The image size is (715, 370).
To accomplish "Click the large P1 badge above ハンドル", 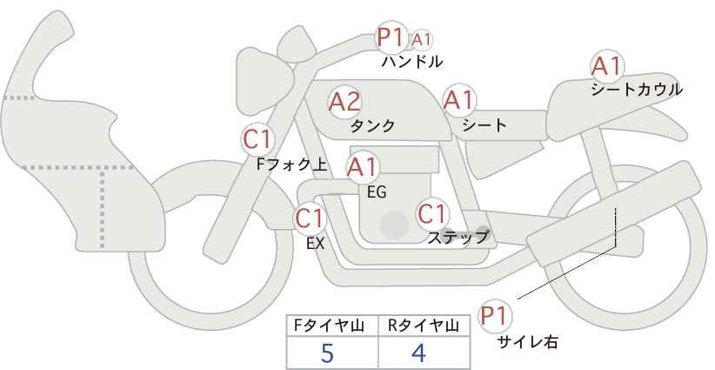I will (391, 37).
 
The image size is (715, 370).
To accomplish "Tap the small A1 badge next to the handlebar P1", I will (422, 40).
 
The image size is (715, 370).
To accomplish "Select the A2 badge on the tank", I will (344, 102).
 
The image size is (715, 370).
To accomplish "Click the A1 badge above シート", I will (458, 100).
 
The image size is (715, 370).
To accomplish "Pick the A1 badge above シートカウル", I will (606, 66).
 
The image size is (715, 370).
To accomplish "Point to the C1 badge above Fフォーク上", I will (258, 138).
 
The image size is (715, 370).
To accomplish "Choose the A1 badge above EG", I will (363, 166).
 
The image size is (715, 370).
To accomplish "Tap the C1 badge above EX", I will (311, 218).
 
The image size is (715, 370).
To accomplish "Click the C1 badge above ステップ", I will (432, 213).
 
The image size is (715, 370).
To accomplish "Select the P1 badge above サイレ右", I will (498, 314).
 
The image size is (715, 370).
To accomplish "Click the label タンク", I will (372, 126).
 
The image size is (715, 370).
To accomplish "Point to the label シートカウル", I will (636, 90).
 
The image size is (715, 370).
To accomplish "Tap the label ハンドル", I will (412, 62).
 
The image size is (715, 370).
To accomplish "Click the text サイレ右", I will (527, 343).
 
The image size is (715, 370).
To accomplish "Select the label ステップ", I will (458, 237).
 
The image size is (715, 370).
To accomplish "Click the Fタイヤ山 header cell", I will (332, 326).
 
